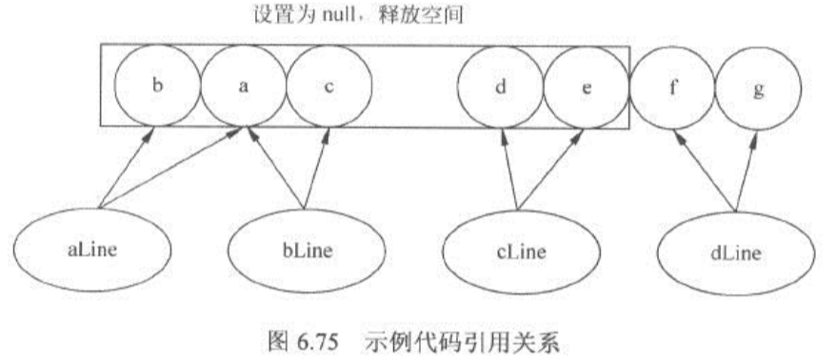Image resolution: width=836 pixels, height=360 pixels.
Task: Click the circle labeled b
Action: (157, 85)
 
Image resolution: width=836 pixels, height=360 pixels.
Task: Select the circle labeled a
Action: (243, 85)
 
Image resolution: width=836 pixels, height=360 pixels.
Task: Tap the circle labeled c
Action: (328, 85)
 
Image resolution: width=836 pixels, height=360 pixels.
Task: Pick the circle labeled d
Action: (501, 85)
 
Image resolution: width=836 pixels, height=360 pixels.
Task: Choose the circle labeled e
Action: (585, 85)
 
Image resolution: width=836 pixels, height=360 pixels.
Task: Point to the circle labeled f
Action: (671, 85)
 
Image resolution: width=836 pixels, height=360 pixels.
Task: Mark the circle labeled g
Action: (758, 85)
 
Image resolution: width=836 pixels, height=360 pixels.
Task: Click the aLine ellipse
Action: (93, 250)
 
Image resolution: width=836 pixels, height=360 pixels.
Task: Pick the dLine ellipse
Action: (735, 250)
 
